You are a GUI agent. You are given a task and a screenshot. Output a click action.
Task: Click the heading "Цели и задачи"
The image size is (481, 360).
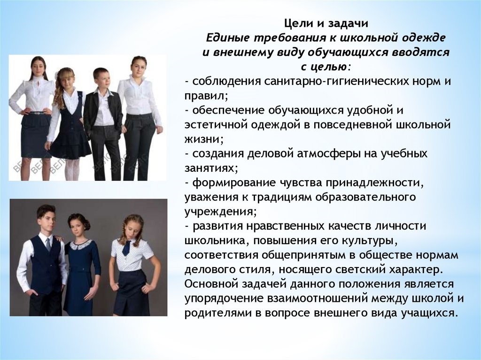coord(326,23)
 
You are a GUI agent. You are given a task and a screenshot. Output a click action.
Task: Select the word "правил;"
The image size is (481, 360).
coord(206,96)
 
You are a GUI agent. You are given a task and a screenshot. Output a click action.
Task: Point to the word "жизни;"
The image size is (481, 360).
coord(204,139)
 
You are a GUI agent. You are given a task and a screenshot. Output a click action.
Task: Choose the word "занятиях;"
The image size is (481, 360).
coord(211,168)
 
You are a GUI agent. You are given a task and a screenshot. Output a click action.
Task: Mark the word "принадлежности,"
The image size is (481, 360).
coord(374,183)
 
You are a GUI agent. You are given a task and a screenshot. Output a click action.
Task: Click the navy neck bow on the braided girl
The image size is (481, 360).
coord(127,248)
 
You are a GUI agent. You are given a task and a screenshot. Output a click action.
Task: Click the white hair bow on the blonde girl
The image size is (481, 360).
coord(57,75)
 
